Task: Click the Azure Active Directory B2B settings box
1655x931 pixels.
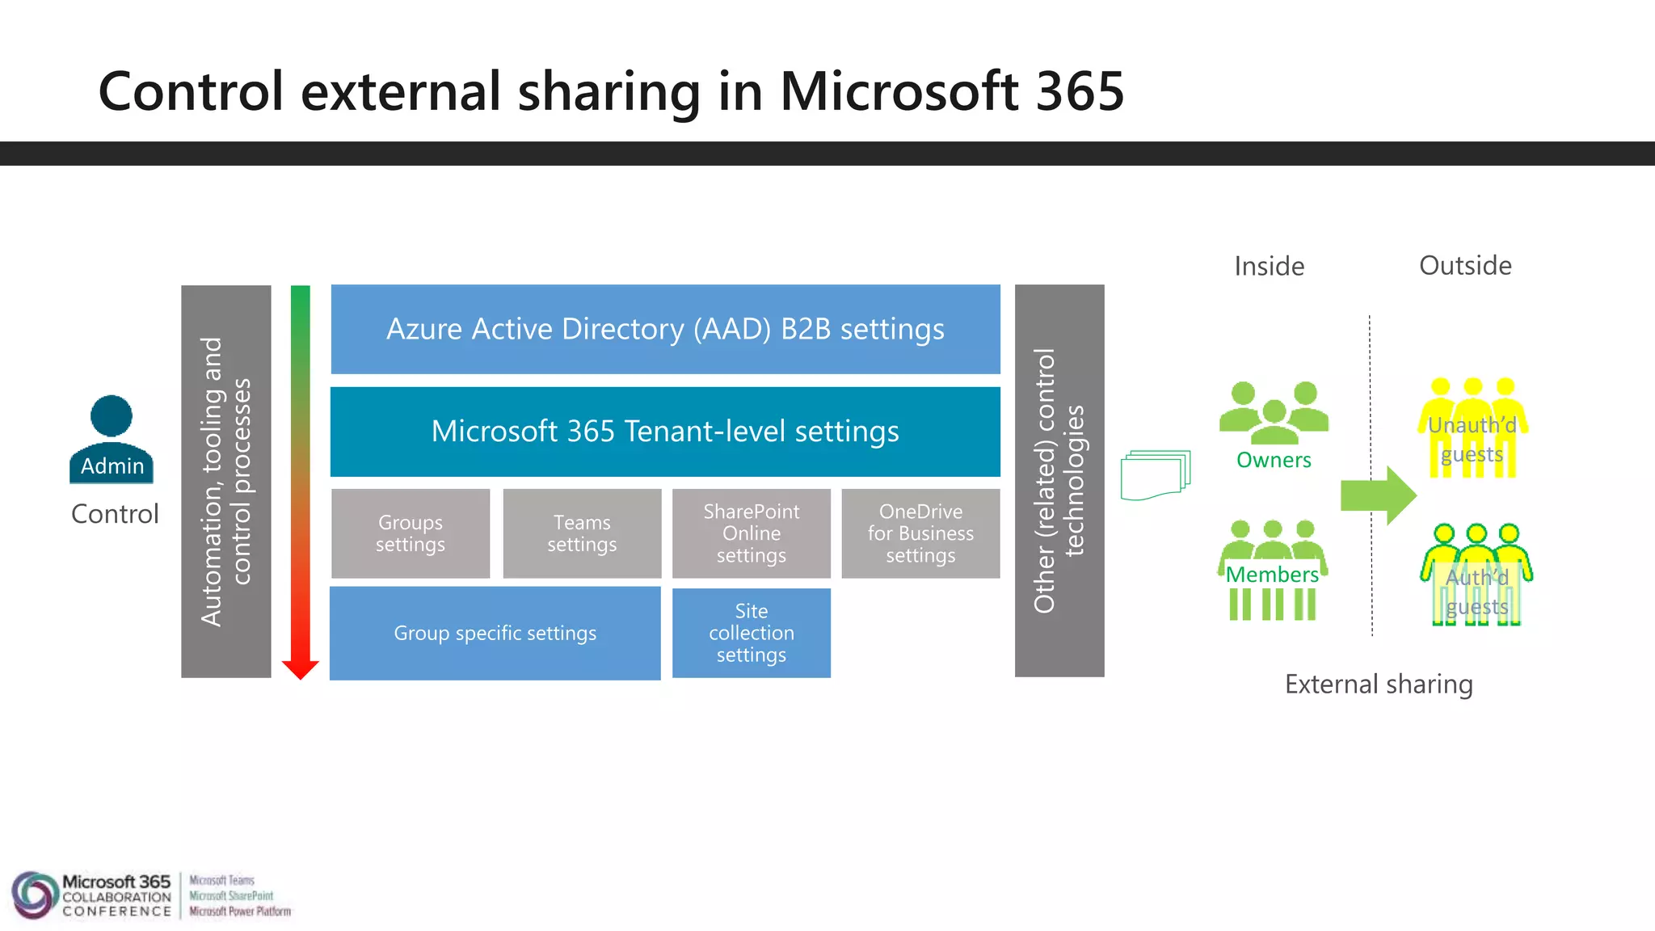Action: (665, 329)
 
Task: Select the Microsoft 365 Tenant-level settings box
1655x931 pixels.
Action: (665, 432)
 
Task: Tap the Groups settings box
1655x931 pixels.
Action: (411, 533)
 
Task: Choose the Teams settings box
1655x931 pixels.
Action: (582, 533)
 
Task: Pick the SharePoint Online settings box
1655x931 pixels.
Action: (752, 533)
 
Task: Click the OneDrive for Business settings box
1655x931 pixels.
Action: (920, 533)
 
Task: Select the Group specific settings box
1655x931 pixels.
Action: (495, 633)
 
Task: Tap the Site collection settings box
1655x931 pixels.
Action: (752, 633)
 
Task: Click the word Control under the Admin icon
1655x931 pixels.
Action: (115, 514)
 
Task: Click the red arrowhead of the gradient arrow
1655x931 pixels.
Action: (301, 669)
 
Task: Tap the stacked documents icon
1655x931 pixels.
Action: (1155, 476)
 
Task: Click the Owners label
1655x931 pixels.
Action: (1274, 460)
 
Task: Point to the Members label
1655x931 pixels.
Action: (1272, 575)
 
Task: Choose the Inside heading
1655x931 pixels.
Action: (1269, 266)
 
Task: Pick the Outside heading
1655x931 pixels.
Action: (1465, 265)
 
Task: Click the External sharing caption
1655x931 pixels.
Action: (1379, 685)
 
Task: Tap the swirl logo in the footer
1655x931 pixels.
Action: (33, 895)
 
